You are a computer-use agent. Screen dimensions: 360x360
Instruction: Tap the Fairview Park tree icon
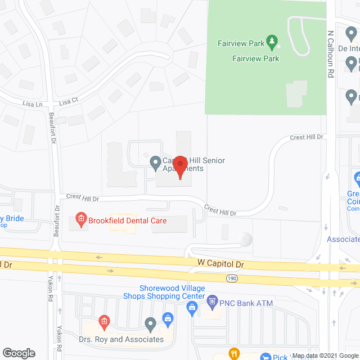click(272, 41)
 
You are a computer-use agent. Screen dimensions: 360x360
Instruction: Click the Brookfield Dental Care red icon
click(80, 219)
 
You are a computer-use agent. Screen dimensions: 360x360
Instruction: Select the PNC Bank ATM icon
click(212, 302)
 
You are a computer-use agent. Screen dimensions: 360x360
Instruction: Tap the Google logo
click(19, 353)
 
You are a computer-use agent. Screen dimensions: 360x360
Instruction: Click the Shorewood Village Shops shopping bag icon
click(192, 307)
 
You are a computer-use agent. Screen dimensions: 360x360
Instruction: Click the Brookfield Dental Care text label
click(127, 220)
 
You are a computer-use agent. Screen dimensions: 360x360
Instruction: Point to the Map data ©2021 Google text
click(323, 355)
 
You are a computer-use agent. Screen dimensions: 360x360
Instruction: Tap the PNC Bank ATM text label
click(246, 303)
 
